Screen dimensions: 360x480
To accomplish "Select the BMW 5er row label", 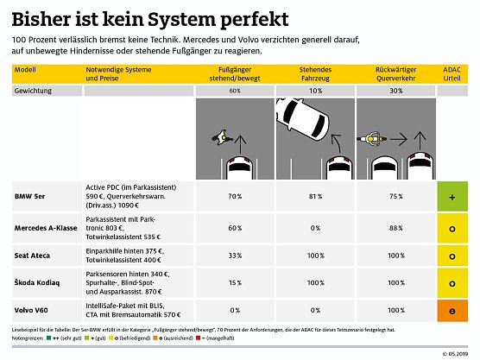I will [31, 197].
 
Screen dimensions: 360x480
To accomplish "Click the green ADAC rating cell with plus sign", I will [452, 197].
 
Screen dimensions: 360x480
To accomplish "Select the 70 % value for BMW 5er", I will [234, 197].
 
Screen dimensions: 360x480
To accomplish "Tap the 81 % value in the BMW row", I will [314, 197].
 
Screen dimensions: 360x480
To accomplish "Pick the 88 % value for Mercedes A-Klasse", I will [395, 228].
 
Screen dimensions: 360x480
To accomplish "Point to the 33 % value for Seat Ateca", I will [234, 256].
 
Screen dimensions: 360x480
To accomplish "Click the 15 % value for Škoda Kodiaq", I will [234, 283].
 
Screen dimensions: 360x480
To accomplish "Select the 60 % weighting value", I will [234, 90].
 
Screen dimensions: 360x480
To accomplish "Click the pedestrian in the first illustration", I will [219, 137].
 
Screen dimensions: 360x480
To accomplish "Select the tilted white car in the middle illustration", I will [299, 116].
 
